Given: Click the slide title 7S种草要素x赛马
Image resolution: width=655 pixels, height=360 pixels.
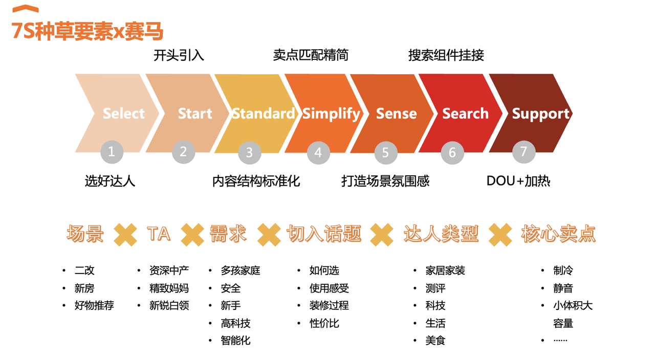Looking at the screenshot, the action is click(x=87, y=31).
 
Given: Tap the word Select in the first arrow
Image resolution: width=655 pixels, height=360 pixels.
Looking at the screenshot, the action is click(x=124, y=114).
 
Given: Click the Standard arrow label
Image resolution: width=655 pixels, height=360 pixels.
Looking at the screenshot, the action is click(x=263, y=114).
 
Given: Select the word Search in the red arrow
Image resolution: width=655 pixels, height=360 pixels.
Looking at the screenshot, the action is click(x=465, y=114).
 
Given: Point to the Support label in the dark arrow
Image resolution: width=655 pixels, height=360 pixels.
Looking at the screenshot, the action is click(x=540, y=114).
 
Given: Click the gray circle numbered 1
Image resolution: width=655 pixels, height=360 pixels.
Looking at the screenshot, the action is click(x=112, y=152).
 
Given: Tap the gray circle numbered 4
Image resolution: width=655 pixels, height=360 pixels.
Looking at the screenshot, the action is click(x=318, y=152).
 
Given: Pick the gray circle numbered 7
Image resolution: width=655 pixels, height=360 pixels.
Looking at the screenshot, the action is click(x=523, y=151).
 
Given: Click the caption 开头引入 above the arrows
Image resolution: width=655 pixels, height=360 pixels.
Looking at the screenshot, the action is click(x=179, y=55).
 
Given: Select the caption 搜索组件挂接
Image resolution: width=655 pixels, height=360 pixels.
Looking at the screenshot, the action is click(x=446, y=55).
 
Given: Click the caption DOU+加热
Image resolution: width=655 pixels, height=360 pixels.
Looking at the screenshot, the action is click(x=518, y=181).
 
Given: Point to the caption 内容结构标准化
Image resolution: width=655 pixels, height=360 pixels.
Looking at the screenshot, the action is click(x=256, y=181).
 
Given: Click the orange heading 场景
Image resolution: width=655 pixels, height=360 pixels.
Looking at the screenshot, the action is click(x=85, y=234).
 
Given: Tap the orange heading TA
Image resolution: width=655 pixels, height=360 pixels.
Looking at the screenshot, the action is click(x=159, y=234).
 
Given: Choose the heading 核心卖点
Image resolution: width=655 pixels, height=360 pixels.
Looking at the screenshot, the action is click(x=558, y=234).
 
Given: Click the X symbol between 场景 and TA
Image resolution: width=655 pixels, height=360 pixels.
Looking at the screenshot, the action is click(x=125, y=234).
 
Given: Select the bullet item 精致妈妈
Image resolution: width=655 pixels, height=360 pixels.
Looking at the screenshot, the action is click(x=169, y=288).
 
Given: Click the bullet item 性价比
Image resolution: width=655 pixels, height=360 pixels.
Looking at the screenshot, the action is click(x=324, y=323).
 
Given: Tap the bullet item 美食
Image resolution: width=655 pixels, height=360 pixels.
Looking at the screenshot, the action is click(x=435, y=341).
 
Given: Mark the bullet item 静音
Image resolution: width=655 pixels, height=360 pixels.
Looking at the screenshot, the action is click(x=563, y=288).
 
